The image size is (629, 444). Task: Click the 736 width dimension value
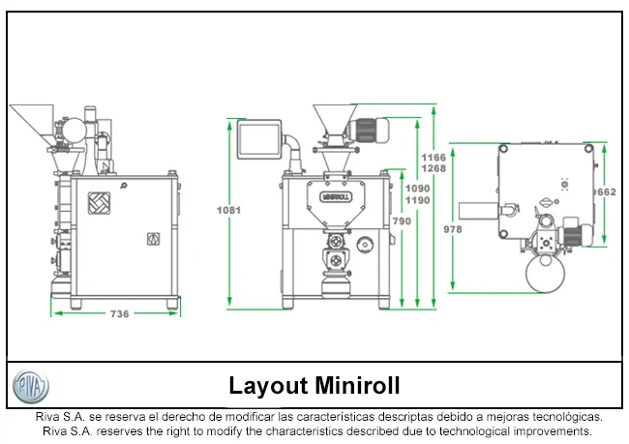(119, 313)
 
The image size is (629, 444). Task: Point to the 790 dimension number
(402, 222)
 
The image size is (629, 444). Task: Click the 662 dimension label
(606, 192)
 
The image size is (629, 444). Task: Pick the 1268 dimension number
(434, 168)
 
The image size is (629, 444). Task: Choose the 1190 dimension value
(418, 200)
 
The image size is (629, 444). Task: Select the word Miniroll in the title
(358, 386)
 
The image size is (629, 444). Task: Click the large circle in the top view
(547, 275)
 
